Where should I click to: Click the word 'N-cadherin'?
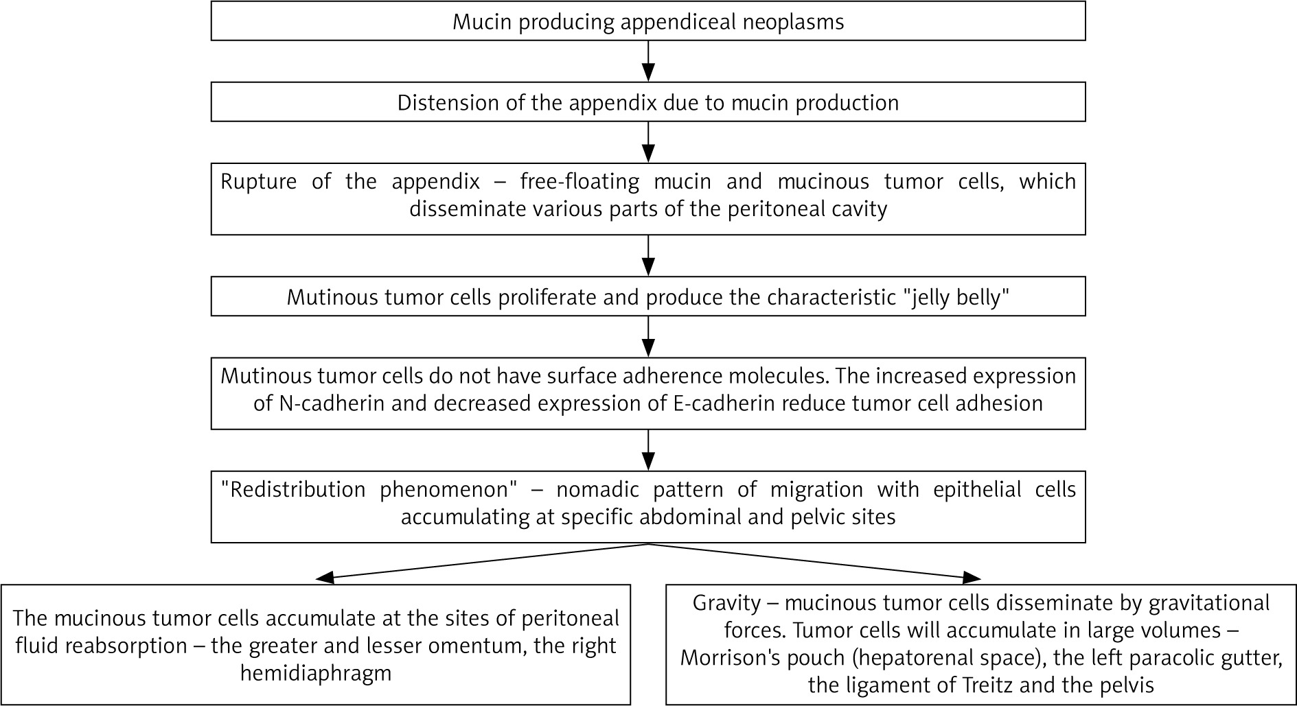coord(332,403)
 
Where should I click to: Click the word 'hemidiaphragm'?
coord(316,673)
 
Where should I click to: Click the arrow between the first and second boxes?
coord(648,61)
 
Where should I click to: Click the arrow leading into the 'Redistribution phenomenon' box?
coord(648,451)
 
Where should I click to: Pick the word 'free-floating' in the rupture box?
coord(579,182)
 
